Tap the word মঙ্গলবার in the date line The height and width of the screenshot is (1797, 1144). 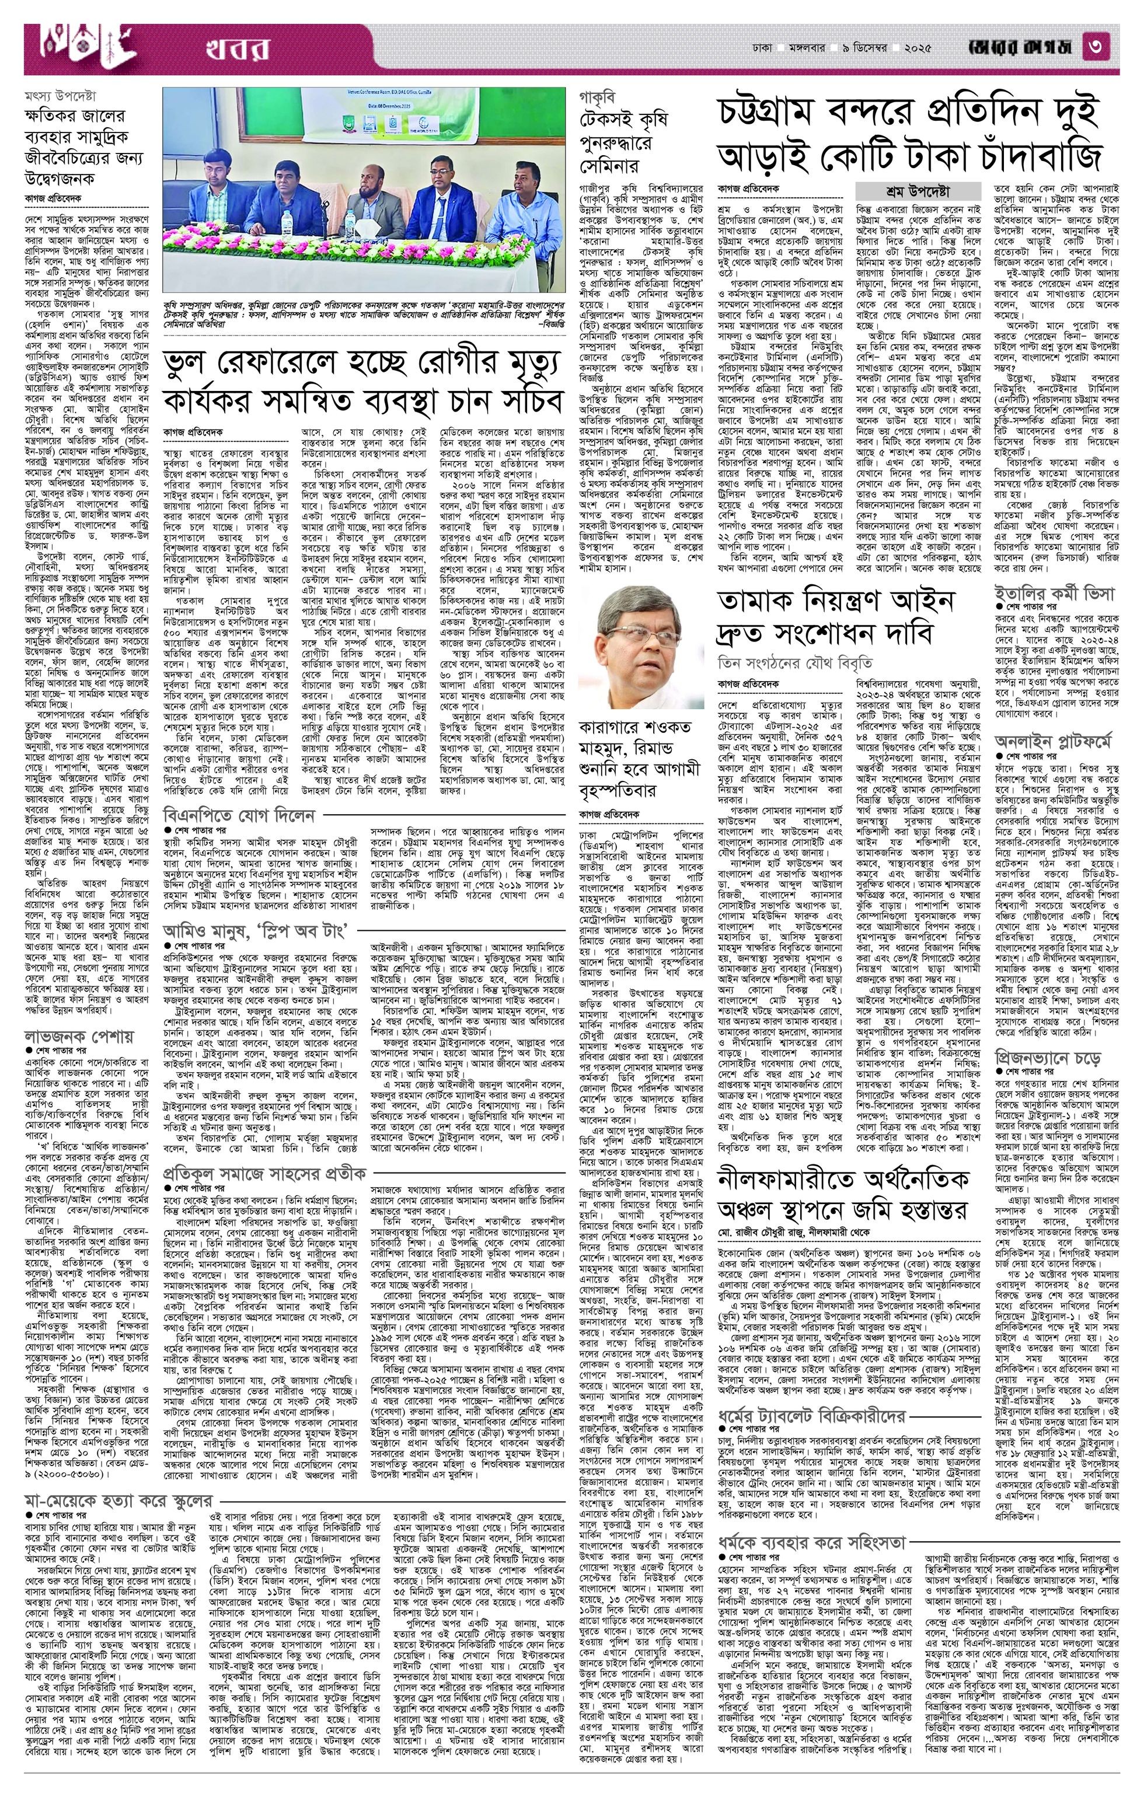807,48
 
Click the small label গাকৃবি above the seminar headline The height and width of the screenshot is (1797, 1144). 600,96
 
